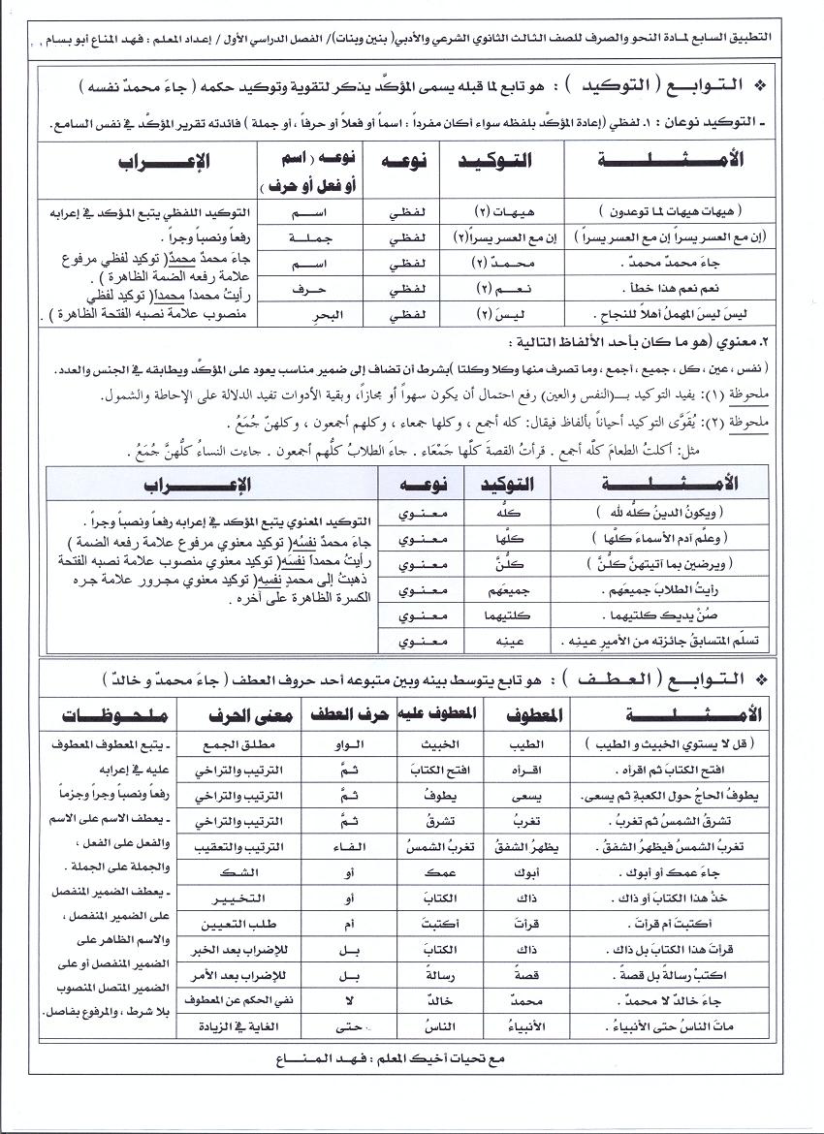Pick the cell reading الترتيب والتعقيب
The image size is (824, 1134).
(x=239, y=845)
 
